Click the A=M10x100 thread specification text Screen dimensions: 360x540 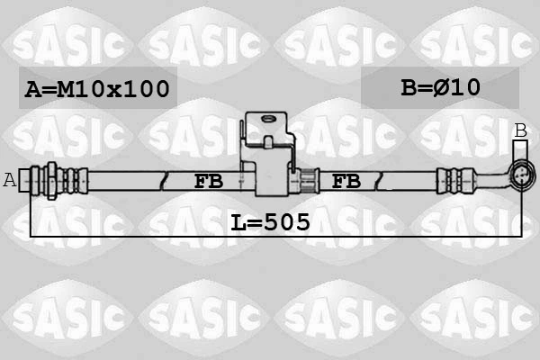click(97, 88)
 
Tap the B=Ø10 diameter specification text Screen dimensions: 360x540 click(440, 87)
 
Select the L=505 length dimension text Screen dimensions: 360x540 click(270, 221)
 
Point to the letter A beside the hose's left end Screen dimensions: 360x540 click(10, 180)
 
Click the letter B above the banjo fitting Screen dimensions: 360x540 click(520, 131)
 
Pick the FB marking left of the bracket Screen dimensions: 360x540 click(208, 181)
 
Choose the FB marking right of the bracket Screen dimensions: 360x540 click(346, 181)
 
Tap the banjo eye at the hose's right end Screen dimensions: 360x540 click(520, 177)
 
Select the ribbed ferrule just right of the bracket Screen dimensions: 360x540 click(304, 180)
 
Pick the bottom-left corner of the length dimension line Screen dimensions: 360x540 click(31, 236)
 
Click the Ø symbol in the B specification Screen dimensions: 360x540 click(443, 87)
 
